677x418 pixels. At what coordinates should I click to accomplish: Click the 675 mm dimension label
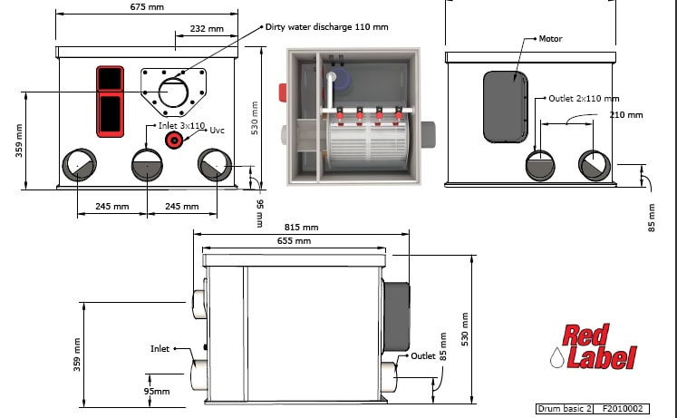[x=147, y=7]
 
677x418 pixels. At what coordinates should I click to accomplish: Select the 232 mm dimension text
[x=207, y=29]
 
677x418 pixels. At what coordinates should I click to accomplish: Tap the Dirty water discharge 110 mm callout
[x=327, y=27]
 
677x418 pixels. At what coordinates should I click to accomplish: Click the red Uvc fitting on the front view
[x=174, y=140]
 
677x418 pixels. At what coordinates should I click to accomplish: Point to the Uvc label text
[x=218, y=130]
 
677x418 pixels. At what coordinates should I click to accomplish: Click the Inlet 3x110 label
[x=181, y=126]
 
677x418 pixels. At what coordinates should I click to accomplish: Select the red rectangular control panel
[x=110, y=102]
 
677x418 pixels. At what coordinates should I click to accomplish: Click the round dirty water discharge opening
[x=173, y=92]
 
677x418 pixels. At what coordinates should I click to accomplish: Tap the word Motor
[x=550, y=39]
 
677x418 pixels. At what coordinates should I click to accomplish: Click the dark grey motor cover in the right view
[x=506, y=107]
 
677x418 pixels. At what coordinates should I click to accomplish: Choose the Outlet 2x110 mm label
[x=584, y=99]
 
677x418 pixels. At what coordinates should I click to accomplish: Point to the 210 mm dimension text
[x=626, y=115]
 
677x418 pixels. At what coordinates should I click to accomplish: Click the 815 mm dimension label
[x=302, y=228]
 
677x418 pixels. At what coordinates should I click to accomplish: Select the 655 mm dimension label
[x=294, y=241]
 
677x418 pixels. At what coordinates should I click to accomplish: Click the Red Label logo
[x=595, y=346]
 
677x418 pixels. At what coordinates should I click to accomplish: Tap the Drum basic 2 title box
[x=565, y=409]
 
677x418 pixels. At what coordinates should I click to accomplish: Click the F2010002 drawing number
[x=622, y=409]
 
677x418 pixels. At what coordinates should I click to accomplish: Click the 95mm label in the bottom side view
[x=156, y=391]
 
